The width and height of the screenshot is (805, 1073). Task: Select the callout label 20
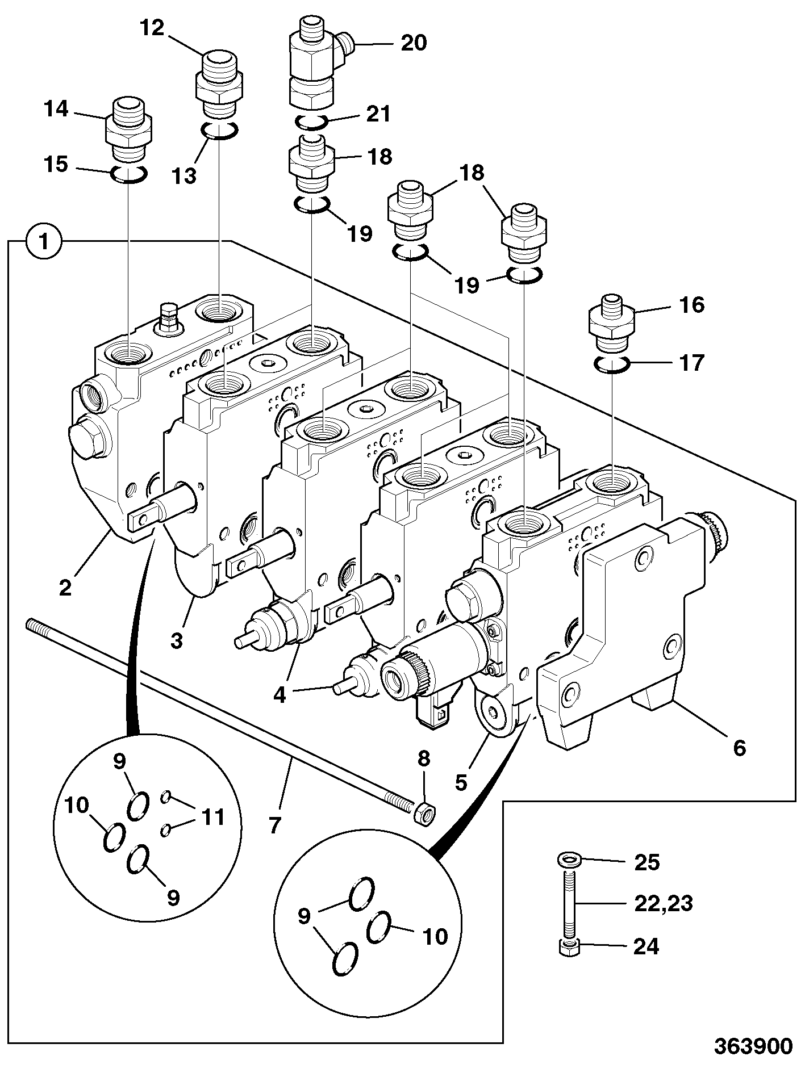pos(414,43)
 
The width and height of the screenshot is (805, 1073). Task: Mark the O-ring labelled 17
pos(611,364)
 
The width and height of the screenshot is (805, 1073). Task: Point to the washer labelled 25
pos(568,859)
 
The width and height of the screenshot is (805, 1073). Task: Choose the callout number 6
pos(739,748)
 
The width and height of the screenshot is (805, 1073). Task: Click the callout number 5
pos(461,782)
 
